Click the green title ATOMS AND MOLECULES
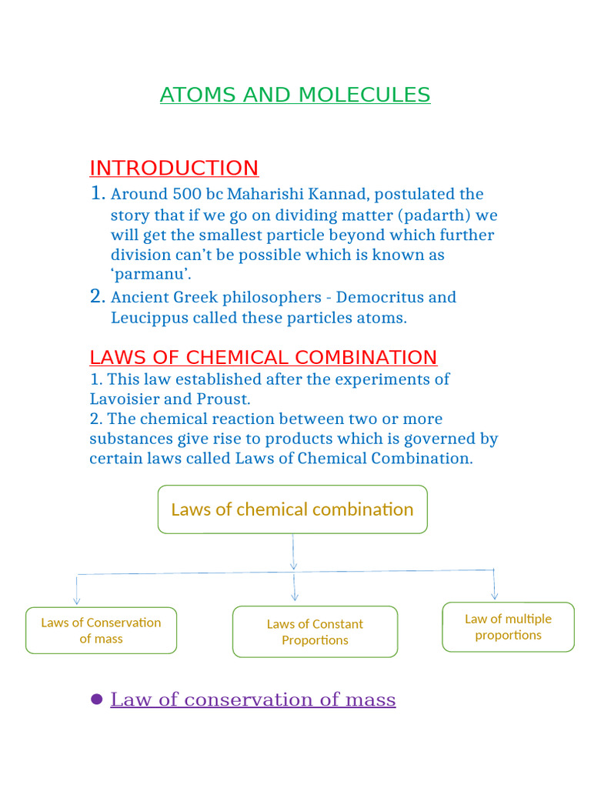click(x=295, y=95)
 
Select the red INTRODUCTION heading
click(x=174, y=168)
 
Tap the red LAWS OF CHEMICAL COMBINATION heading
click(x=263, y=357)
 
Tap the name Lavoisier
click(x=126, y=399)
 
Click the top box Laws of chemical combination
click(x=292, y=509)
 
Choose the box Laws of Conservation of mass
click(x=101, y=630)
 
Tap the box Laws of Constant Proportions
click(x=315, y=632)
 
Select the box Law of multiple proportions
click(x=508, y=626)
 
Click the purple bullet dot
click(x=96, y=699)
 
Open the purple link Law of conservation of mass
click(x=253, y=700)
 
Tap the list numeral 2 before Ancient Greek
click(x=97, y=296)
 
